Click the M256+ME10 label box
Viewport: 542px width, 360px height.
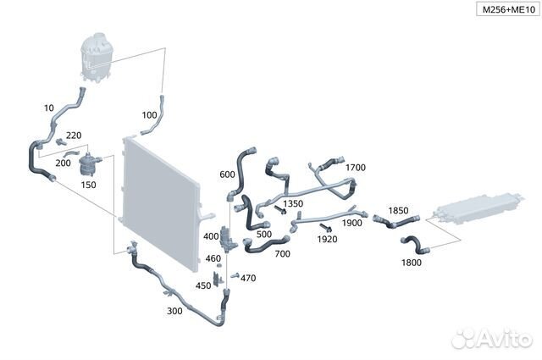click(508, 9)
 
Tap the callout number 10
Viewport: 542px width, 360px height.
click(49, 108)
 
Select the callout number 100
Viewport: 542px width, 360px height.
click(149, 115)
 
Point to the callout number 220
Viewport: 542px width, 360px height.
click(74, 136)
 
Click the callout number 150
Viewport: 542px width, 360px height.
click(88, 185)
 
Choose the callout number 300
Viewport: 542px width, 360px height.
click(174, 311)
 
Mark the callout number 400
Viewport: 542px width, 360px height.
click(211, 236)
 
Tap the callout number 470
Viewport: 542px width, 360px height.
click(248, 278)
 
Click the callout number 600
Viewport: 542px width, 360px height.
click(227, 174)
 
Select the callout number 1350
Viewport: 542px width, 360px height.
click(293, 203)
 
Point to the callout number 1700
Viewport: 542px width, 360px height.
click(356, 168)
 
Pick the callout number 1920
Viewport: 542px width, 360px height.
click(327, 239)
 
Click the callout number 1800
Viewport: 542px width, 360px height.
click(412, 263)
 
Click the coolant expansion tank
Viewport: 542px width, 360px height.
click(96, 57)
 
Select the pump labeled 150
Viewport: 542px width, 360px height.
click(88, 165)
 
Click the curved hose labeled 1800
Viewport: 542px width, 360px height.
click(415, 243)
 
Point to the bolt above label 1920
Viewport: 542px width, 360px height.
click(325, 228)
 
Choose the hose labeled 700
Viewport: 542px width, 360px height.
click(265, 245)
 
